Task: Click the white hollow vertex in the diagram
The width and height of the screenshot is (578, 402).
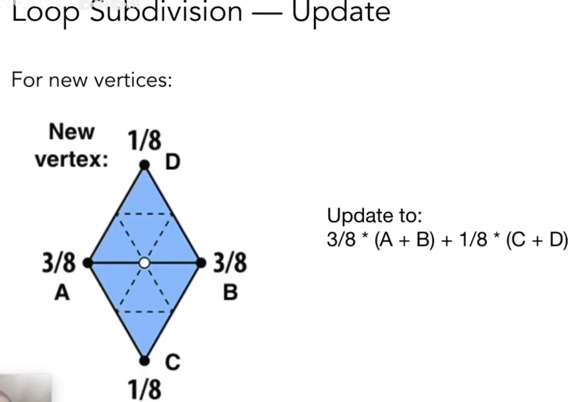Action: pos(144,263)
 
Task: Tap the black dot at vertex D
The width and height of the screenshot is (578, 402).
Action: pos(144,165)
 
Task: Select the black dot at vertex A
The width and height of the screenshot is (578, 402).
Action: pos(88,262)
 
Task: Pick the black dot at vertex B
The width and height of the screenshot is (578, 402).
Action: pos(201,262)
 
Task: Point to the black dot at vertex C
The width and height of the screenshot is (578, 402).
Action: pos(144,361)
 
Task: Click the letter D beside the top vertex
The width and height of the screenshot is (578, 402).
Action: pos(173,162)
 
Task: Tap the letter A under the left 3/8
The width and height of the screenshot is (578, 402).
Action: pos(62,293)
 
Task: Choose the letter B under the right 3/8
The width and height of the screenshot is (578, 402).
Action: pos(230,293)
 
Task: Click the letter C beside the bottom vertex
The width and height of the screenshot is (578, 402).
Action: pos(173,363)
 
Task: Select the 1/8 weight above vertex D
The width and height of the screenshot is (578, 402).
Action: pos(144,141)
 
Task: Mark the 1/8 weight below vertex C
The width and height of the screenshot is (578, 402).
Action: pos(144,389)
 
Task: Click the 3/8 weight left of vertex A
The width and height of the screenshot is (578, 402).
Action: pos(59,264)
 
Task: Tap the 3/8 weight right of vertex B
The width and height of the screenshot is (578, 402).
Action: pos(230,263)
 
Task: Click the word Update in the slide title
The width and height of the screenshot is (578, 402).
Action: pos(341,12)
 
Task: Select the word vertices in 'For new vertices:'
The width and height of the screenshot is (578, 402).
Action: pos(133,80)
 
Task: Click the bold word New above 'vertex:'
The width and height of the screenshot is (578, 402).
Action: pos(72,132)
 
